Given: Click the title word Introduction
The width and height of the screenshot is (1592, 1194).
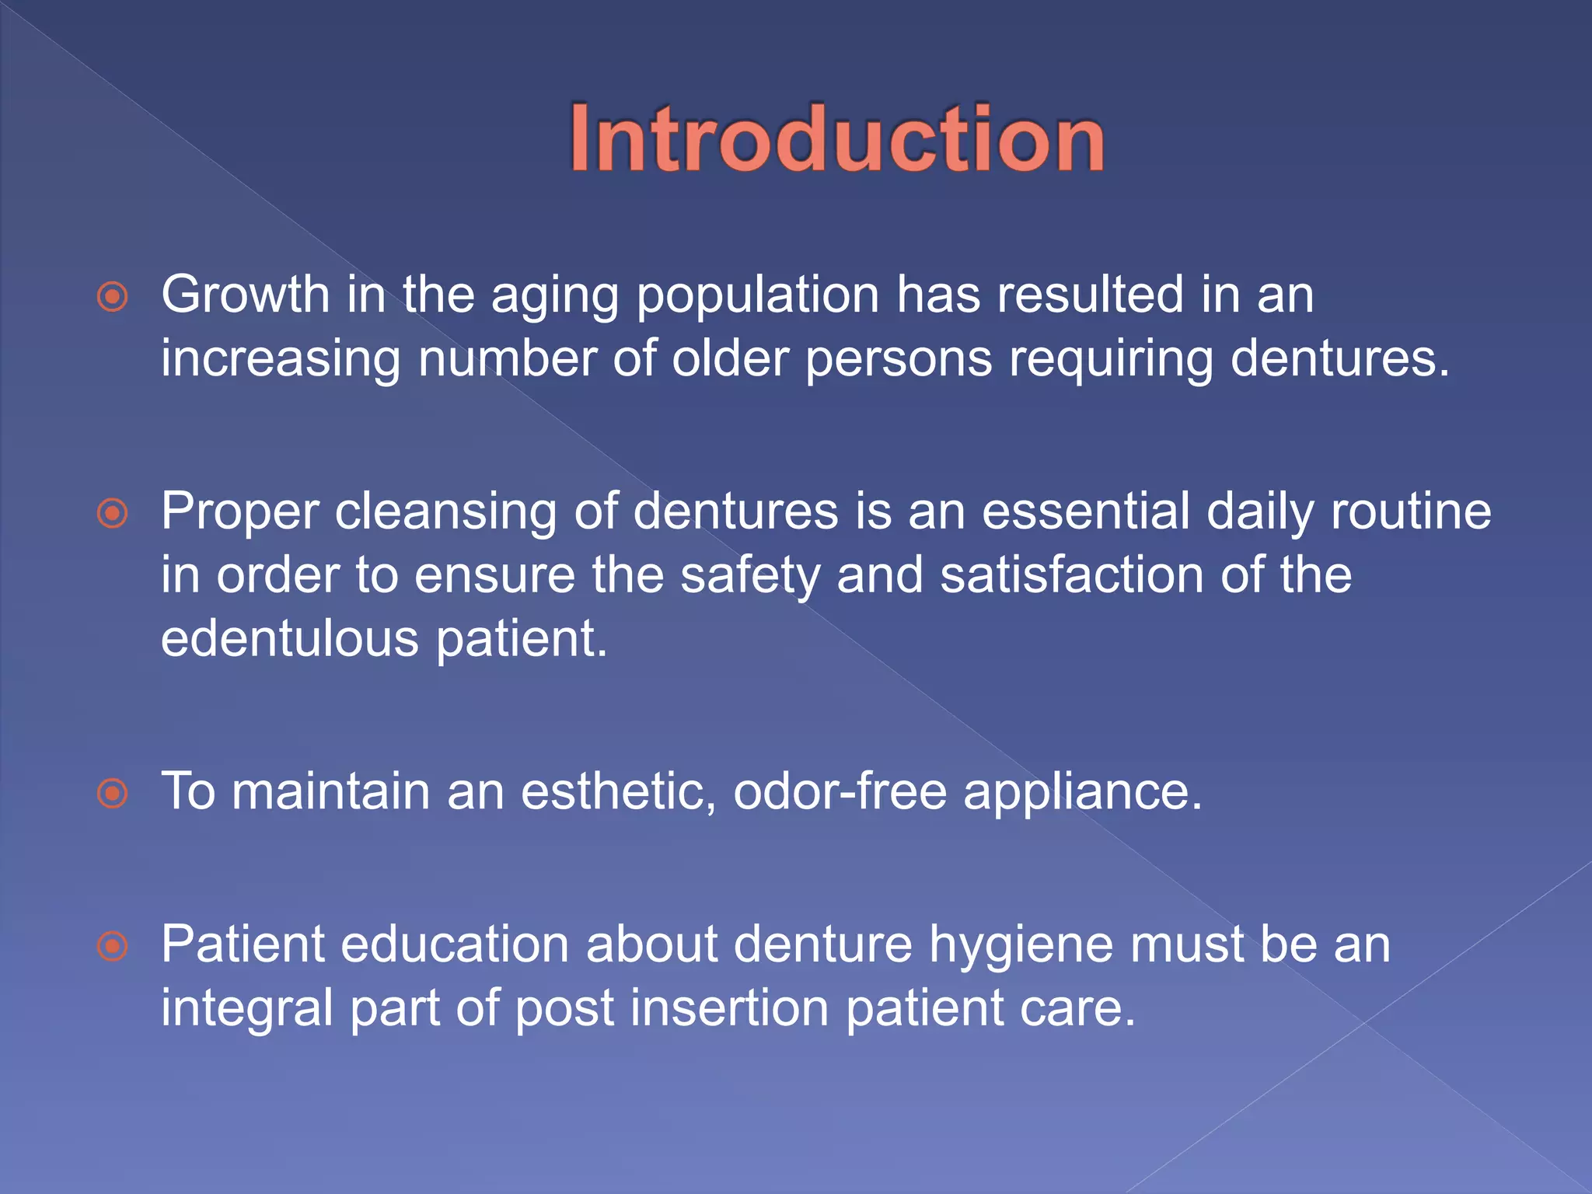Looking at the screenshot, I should (x=836, y=139).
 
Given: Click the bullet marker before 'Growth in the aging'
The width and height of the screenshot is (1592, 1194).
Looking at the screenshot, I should (x=113, y=296).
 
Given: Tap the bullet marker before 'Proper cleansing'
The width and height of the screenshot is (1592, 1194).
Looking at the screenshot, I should (x=113, y=513).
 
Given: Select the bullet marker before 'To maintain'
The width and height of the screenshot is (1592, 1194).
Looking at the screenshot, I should (x=113, y=793).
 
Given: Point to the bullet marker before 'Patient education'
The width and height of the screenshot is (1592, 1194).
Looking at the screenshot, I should (x=113, y=946).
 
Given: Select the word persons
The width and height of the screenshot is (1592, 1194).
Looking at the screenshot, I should (x=898, y=360).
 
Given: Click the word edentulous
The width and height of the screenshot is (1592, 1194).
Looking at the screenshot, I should (x=290, y=639).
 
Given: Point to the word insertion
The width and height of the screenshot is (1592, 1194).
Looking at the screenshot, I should (x=729, y=1008).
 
